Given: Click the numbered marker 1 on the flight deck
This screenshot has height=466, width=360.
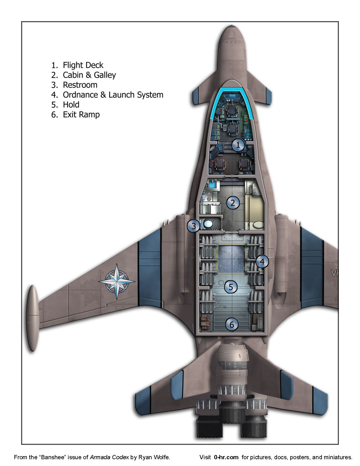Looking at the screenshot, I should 238,145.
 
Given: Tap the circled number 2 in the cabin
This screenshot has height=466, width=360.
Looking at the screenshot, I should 233,203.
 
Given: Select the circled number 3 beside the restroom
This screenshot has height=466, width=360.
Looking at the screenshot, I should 194,226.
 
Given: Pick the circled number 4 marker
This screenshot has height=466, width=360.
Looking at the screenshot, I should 262,262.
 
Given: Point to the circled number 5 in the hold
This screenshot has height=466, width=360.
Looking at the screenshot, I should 231,287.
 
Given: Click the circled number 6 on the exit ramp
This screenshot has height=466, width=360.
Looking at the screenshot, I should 232,325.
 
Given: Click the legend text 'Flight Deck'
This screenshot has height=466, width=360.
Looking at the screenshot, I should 83,65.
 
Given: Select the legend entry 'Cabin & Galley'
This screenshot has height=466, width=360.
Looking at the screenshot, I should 89,75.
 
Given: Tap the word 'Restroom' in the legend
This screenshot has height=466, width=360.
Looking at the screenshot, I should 80,85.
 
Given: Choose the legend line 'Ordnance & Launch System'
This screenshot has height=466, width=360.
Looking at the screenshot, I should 113,95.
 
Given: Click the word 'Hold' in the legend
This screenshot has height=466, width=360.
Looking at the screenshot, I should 71,105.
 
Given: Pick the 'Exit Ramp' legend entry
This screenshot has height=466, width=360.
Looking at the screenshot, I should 81,115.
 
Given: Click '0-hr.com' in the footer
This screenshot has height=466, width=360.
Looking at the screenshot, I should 226,457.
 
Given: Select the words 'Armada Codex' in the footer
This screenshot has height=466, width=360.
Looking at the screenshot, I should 109,457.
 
